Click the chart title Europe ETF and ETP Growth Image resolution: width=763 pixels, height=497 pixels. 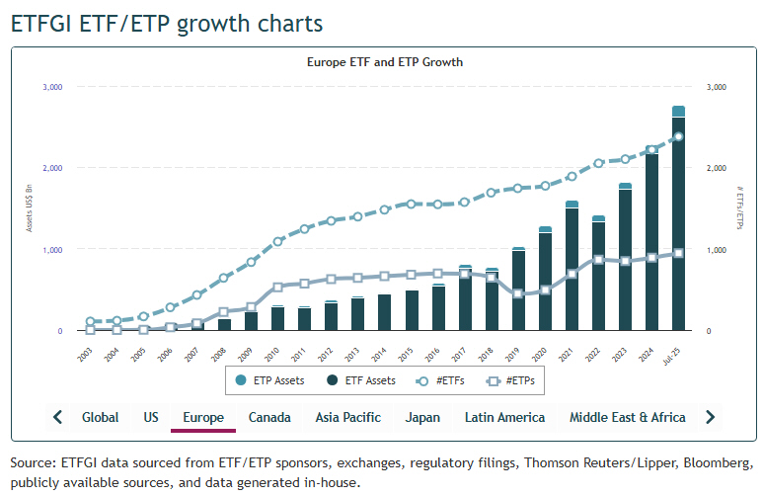tap(385, 61)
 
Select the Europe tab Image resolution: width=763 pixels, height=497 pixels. tap(202, 417)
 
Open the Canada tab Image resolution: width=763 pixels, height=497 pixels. tap(269, 417)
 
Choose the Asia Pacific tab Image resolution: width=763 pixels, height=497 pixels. tap(347, 417)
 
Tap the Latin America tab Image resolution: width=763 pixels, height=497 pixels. tap(504, 417)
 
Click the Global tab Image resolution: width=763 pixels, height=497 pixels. tap(100, 417)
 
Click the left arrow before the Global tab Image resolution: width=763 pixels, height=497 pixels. tap(58, 417)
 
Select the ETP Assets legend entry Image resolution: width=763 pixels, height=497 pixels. tap(272, 379)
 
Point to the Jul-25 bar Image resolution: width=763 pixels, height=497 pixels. tap(679, 222)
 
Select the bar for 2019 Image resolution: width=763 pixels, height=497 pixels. tap(519, 290)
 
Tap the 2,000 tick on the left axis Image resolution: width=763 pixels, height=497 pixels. tap(52, 168)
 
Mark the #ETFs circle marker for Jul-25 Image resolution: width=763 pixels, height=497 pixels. tap(679, 136)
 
